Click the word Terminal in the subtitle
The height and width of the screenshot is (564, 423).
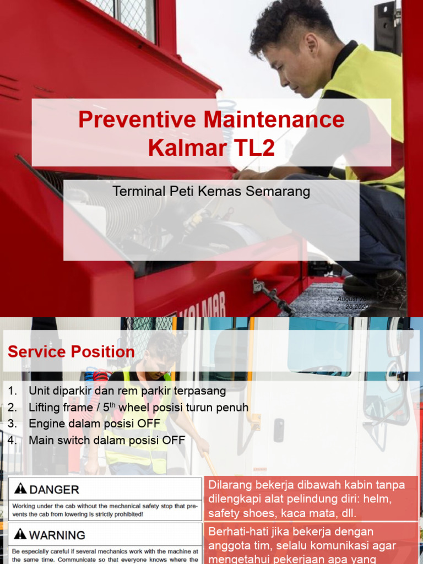point(135,191)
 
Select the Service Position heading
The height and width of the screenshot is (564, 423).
point(71,352)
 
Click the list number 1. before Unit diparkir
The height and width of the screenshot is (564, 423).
point(13,391)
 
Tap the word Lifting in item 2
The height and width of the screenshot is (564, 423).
point(46,408)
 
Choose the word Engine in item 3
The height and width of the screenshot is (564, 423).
point(47,424)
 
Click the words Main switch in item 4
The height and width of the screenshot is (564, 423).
point(59,441)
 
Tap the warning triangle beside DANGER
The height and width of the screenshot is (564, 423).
point(20,489)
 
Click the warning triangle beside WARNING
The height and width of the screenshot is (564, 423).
point(20,534)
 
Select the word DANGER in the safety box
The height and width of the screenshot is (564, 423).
point(54,489)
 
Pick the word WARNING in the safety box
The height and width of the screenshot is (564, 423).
point(57,535)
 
